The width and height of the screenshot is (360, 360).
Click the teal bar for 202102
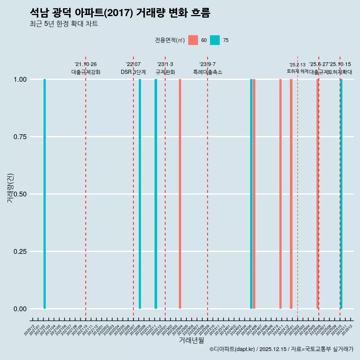(45, 194)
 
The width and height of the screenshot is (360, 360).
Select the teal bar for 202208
(140, 194)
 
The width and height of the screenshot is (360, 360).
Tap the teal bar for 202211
(156, 194)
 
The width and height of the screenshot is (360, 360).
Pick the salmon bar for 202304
(180, 194)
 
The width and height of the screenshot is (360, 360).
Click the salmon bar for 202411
(280, 194)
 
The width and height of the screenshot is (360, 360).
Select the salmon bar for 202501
(291, 194)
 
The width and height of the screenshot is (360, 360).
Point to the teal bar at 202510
(341, 194)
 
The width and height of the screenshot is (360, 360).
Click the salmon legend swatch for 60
(193, 40)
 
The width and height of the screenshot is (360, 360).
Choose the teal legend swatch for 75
(215, 40)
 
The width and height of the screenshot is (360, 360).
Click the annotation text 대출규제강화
(86, 72)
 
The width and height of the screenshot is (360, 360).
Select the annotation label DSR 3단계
(133, 72)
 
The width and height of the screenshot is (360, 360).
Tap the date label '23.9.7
(207, 64)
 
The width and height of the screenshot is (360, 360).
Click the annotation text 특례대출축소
(208, 72)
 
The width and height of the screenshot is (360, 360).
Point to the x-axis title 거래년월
(191, 340)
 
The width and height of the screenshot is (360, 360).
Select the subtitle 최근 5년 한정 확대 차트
(64, 24)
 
